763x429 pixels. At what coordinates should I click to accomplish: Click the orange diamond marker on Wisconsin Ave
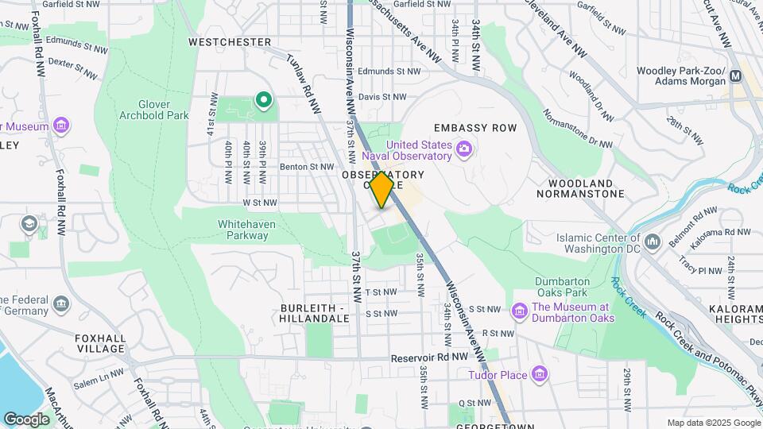pyautogui.click(x=382, y=190)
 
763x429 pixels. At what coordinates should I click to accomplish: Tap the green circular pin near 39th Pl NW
pyautogui.click(x=263, y=100)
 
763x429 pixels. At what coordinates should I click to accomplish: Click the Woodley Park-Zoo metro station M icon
pyautogui.click(x=735, y=76)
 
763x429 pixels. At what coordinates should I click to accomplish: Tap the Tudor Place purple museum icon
pyautogui.click(x=540, y=373)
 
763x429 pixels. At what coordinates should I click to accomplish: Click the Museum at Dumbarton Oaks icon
pyautogui.click(x=520, y=309)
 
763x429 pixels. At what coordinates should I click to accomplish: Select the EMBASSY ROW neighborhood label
pyautogui.click(x=475, y=128)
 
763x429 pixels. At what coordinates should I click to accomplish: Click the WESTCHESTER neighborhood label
pyautogui.click(x=230, y=41)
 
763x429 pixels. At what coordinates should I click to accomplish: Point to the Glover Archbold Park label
pyautogui.click(x=163, y=110)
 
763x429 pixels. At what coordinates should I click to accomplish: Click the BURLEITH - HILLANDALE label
pyautogui.click(x=315, y=312)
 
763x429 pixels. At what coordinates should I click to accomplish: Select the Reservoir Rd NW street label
pyautogui.click(x=429, y=358)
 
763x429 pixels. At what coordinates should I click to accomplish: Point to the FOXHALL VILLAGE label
pyautogui.click(x=101, y=343)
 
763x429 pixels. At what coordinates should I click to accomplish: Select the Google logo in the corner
pyautogui.click(x=26, y=419)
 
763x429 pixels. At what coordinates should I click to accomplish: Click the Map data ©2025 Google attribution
pyautogui.click(x=713, y=423)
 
